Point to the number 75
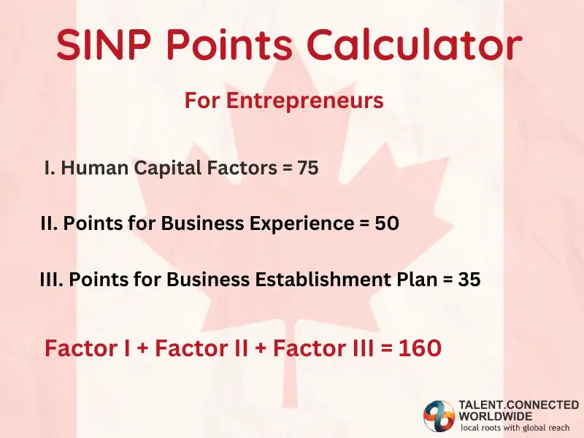click(x=307, y=168)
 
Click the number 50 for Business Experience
click(x=387, y=223)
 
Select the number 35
click(x=469, y=279)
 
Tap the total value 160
click(x=420, y=348)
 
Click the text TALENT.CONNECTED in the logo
click(x=518, y=404)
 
